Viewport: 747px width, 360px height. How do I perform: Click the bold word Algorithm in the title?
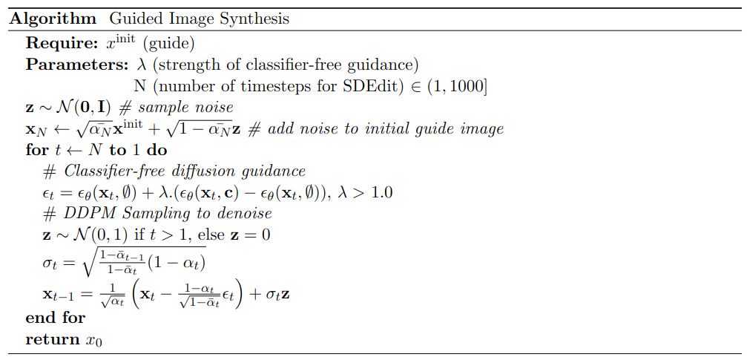(53, 19)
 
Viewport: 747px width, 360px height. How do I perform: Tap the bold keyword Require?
(62, 43)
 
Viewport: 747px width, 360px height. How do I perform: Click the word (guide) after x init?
(168, 44)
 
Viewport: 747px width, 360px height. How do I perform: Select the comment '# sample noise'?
(176, 108)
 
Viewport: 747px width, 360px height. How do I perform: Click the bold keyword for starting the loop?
(36, 150)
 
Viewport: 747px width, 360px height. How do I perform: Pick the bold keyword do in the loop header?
(157, 150)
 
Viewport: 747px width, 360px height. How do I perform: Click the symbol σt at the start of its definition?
(49, 264)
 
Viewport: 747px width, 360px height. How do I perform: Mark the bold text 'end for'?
(55, 318)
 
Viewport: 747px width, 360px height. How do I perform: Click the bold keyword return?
(53, 339)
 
